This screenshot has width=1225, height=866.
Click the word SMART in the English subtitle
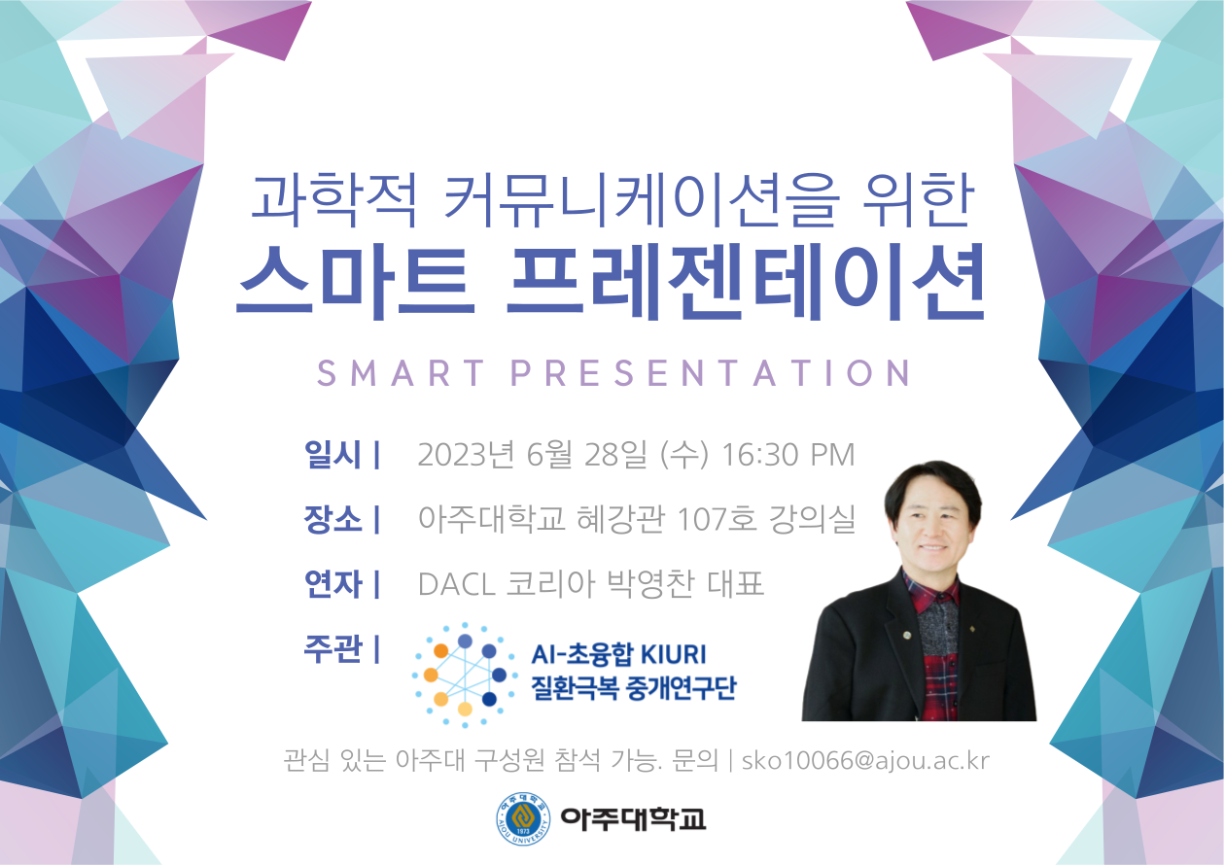pos(401,373)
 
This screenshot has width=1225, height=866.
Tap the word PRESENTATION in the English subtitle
pos(711,373)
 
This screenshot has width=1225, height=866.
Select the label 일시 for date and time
pos(332,454)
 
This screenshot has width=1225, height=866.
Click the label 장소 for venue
pos(332,519)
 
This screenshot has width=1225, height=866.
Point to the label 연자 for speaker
pos(332,583)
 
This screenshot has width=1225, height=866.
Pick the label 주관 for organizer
pos(332,648)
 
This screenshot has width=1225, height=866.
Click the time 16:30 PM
pos(788,454)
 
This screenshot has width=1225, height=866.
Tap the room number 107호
pos(717,519)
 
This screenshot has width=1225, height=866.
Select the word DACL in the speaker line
pos(457,584)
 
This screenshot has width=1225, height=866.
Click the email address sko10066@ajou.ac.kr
pos(865,760)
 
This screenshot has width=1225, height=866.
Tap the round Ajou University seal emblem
pos(523,819)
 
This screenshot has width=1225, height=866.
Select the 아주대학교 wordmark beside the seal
pos(633,819)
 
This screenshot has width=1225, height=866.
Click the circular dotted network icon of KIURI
pos(465,675)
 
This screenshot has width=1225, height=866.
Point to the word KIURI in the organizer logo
pos(673,654)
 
